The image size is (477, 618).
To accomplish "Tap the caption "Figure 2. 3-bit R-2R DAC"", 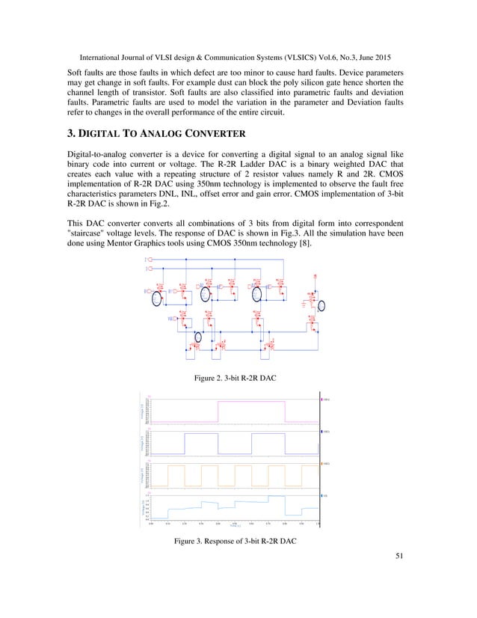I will tap(236, 379).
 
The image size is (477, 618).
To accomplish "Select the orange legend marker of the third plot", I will tap(322, 464).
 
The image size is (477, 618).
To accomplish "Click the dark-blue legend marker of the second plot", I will tap(322, 432).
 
